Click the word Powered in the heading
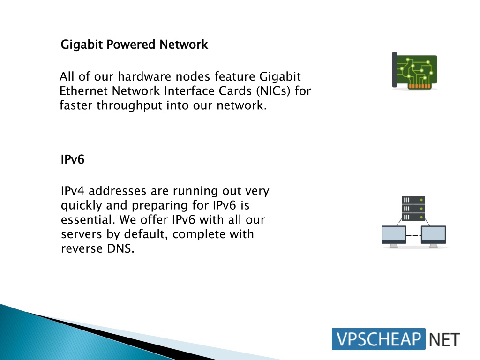point(131,45)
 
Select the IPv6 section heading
point(73,159)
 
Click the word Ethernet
point(83,90)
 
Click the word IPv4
point(73,191)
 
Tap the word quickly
point(82,206)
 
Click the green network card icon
point(415,71)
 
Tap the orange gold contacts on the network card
point(420,86)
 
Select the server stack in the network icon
point(413,209)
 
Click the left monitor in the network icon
point(394,236)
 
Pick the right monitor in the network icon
point(434,236)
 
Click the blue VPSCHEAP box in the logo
point(379,339)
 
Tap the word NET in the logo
point(444,339)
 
